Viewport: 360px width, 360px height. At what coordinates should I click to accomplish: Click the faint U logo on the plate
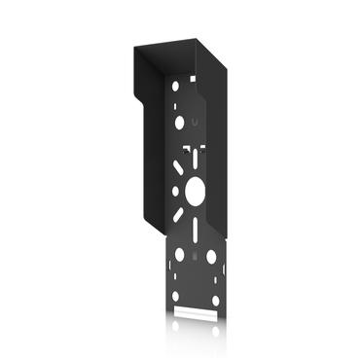(x=196, y=123)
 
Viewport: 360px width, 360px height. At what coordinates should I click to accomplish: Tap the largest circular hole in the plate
(x=193, y=192)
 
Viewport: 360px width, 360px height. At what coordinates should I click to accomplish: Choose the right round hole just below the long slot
(x=209, y=257)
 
